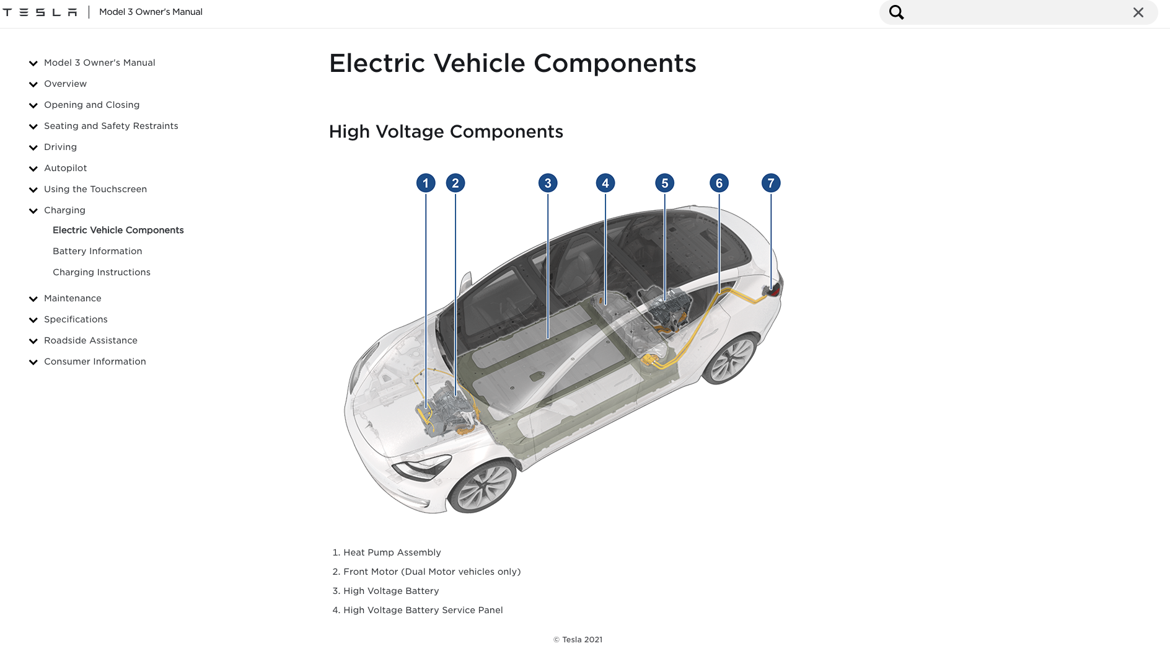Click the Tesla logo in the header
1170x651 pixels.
40,12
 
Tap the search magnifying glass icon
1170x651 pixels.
896,12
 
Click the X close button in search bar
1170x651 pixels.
1138,12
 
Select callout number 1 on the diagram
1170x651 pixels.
426,183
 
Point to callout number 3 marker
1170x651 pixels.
548,183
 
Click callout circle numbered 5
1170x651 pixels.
665,183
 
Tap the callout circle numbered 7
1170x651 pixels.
771,183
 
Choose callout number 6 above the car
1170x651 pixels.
719,183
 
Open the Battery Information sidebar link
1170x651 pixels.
97,251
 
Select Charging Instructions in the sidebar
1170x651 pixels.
102,272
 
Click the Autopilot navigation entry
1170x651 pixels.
66,168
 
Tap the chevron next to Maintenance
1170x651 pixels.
33,299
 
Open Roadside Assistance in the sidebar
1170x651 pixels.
90,340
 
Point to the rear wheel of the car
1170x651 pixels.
729,359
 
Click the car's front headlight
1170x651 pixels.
421,468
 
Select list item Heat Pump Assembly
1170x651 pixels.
392,552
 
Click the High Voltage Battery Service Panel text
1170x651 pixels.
423,610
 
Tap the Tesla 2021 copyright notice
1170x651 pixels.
578,640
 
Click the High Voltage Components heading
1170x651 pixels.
446,131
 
